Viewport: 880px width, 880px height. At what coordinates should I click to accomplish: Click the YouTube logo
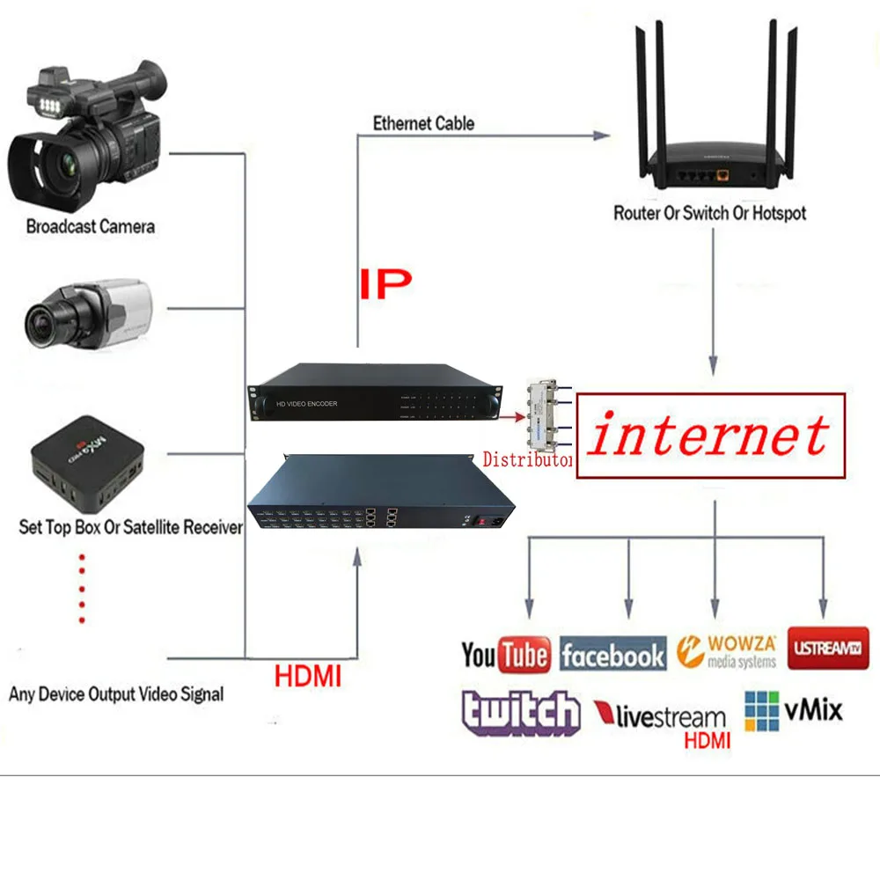pos(506,656)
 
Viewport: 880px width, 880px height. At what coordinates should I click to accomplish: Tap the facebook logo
pos(613,656)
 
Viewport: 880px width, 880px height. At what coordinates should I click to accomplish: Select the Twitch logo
pos(521,712)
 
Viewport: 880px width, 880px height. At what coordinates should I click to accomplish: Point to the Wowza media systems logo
pos(727,652)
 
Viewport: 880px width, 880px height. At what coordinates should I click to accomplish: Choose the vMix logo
pos(793,711)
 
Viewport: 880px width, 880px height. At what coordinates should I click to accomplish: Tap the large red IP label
pos(385,283)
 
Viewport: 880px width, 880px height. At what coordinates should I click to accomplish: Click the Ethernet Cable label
pos(423,124)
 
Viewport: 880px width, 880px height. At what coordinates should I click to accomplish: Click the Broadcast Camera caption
pos(91,227)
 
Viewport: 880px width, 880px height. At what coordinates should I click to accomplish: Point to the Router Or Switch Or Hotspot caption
pos(709,213)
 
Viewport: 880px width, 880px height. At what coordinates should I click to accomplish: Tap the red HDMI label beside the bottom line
pos(307,678)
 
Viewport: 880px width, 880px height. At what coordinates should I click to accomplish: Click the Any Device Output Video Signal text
pos(116,694)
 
